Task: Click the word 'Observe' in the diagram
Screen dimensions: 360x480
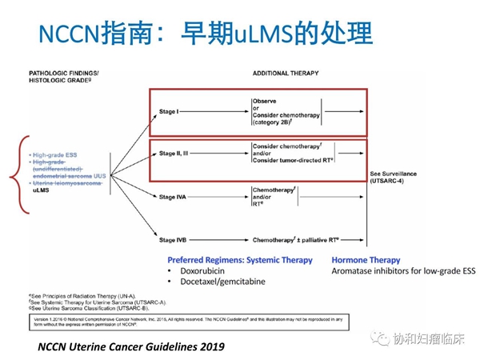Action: tap(265, 101)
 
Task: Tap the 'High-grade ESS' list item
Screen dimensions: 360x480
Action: tap(57, 154)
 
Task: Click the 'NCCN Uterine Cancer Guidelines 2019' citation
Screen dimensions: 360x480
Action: tap(131, 347)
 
